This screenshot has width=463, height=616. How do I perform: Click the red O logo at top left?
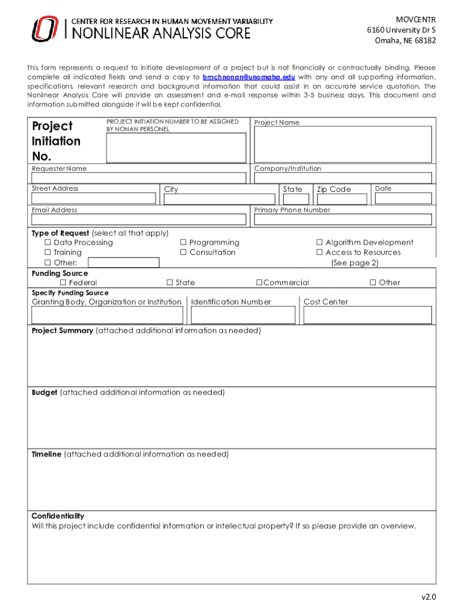click(x=45, y=29)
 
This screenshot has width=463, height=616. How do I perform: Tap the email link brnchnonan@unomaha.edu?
click(x=248, y=78)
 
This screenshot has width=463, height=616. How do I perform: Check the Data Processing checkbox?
click(x=48, y=242)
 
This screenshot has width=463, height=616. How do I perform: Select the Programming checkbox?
click(x=183, y=242)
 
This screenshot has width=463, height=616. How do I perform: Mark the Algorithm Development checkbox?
click(x=320, y=242)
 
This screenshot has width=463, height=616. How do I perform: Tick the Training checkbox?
click(x=48, y=253)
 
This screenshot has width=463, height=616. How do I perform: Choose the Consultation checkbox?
click(x=183, y=253)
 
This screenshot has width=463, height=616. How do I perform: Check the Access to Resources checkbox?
click(x=320, y=253)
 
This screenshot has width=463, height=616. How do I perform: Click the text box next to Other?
click(x=124, y=263)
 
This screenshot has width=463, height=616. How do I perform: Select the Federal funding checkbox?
click(x=63, y=283)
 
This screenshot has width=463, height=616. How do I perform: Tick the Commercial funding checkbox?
click(x=259, y=283)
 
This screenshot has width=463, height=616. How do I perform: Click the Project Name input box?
click(x=343, y=144)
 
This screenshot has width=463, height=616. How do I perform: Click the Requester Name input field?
click(x=139, y=178)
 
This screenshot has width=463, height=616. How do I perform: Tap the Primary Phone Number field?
click(x=343, y=220)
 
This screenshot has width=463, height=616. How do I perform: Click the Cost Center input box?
click(x=367, y=315)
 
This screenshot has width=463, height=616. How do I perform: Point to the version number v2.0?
click(x=428, y=597)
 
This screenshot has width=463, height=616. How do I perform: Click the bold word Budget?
click(x=44, y=392)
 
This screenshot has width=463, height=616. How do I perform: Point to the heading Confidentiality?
click(x=58, y=516)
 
